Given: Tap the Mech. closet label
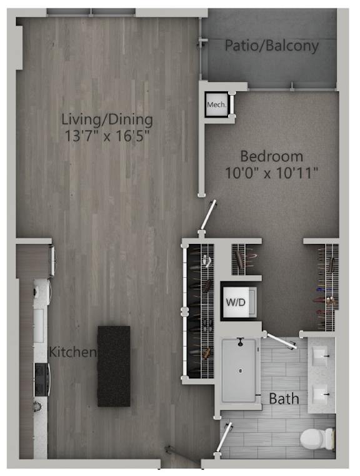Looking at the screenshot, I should tap(217, 104).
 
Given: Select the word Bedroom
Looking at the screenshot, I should tap(272, 156).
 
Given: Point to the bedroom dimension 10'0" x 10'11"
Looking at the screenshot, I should tap(272, 173).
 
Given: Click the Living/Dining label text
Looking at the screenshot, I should tap(107, 119).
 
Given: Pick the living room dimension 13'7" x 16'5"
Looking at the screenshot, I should tap(107, 135).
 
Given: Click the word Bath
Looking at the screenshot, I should tap(284, 398).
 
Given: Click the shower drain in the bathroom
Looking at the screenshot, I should tap(239, 370).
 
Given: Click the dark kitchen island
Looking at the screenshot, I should tap(114, 366).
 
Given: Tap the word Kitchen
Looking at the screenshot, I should tap(74, 352).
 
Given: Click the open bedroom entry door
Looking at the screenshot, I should tap(208, 216).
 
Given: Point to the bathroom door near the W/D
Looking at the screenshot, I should tap(281, 342).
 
